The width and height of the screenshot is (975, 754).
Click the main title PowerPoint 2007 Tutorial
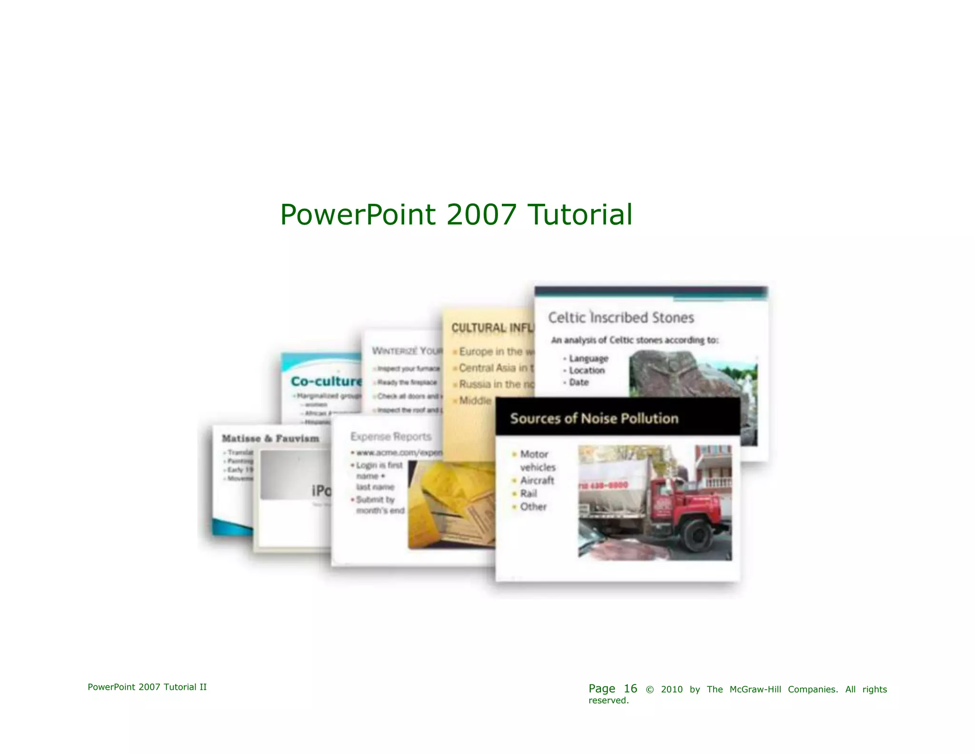pyautogui.click(x=456, y=215)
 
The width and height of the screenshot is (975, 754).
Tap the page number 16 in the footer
pyautogui.click(x=630, y=688)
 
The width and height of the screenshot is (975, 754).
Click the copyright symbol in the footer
pyautogui.click(x=649, y=690)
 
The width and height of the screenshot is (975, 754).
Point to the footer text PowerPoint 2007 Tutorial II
pyautogui.click(x=147, y=687)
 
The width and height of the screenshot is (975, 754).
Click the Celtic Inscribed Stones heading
pyautogui.click(x=621, y=318)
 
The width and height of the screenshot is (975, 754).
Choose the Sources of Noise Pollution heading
pyautogui.click(x=594, y=419)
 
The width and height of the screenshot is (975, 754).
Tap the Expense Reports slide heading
pyautogui.click(x=391, y=437)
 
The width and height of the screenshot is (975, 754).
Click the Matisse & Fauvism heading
pyautogui.click(x=270, y=439)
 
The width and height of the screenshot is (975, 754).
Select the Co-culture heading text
pyautogui.click(x=327, y=382)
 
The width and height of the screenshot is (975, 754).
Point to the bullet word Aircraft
pyautogui.click(x=537, y=481)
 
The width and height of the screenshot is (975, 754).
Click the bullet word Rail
pyautogui.click(x=528, y=493)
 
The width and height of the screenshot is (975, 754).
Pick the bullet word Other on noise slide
pyautogui.click(x=533, y=507)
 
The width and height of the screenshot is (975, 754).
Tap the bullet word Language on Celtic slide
pyautogui.click(x=588, y=359)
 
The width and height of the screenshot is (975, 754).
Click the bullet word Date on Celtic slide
pyautogui.click(x=579, y=382)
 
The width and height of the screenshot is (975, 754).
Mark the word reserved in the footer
pyautogui.click(x=608, y=701)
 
